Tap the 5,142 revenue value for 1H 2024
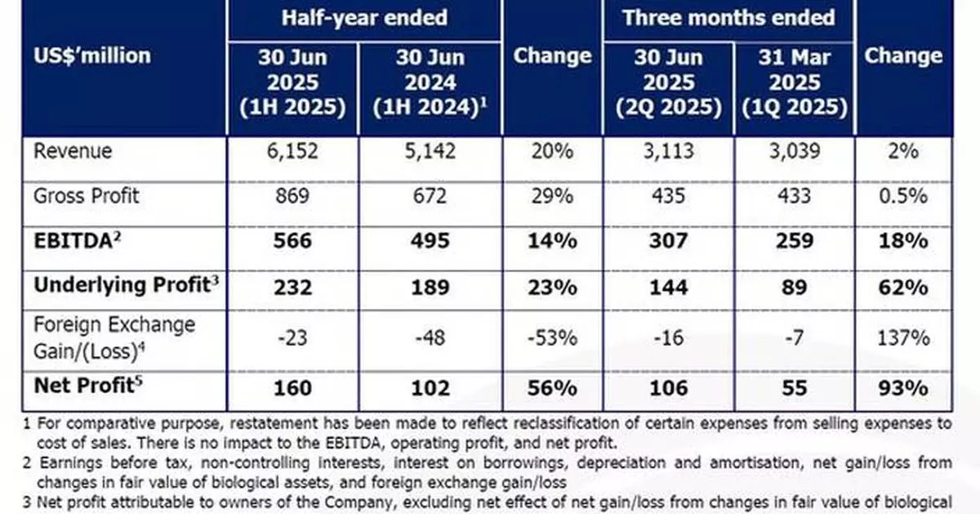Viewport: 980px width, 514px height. point(424,152)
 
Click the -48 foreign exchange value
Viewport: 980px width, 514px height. point(424,337)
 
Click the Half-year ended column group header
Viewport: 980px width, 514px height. point(364,18)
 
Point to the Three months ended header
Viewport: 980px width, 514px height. point(728,18)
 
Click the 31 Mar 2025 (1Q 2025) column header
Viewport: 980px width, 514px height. point(795,83)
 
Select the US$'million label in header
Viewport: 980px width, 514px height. point(91,56)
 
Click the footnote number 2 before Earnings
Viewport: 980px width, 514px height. point(26,463)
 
